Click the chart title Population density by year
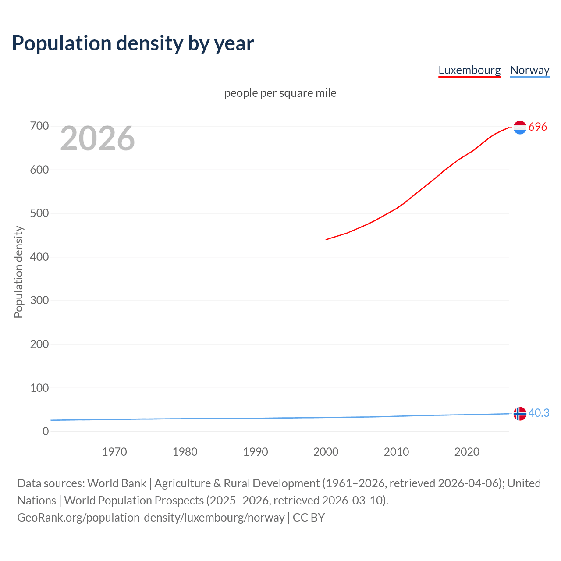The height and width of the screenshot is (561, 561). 133,43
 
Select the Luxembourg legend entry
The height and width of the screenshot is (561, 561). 469,70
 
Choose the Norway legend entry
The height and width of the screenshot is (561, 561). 529,70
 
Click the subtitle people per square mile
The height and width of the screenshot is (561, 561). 280,93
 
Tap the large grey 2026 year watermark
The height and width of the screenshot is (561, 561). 97,138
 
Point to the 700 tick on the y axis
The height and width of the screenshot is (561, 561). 39,126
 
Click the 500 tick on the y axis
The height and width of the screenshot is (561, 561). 39,213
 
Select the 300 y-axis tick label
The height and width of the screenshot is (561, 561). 39,301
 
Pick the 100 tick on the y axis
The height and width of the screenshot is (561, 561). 39,388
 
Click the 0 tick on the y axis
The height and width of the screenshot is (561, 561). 46,432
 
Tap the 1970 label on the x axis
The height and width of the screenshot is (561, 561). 114,452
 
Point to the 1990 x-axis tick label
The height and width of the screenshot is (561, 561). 256,452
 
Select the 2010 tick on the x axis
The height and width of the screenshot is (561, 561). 396,452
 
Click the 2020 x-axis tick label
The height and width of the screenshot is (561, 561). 467,452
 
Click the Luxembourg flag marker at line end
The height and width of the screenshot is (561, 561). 520,128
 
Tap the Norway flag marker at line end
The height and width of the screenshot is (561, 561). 520,414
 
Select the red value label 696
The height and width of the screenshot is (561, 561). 538,127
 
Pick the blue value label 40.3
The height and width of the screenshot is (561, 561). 539,413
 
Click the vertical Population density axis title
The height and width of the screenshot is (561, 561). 18,272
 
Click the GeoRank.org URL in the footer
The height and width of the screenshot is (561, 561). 151,518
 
